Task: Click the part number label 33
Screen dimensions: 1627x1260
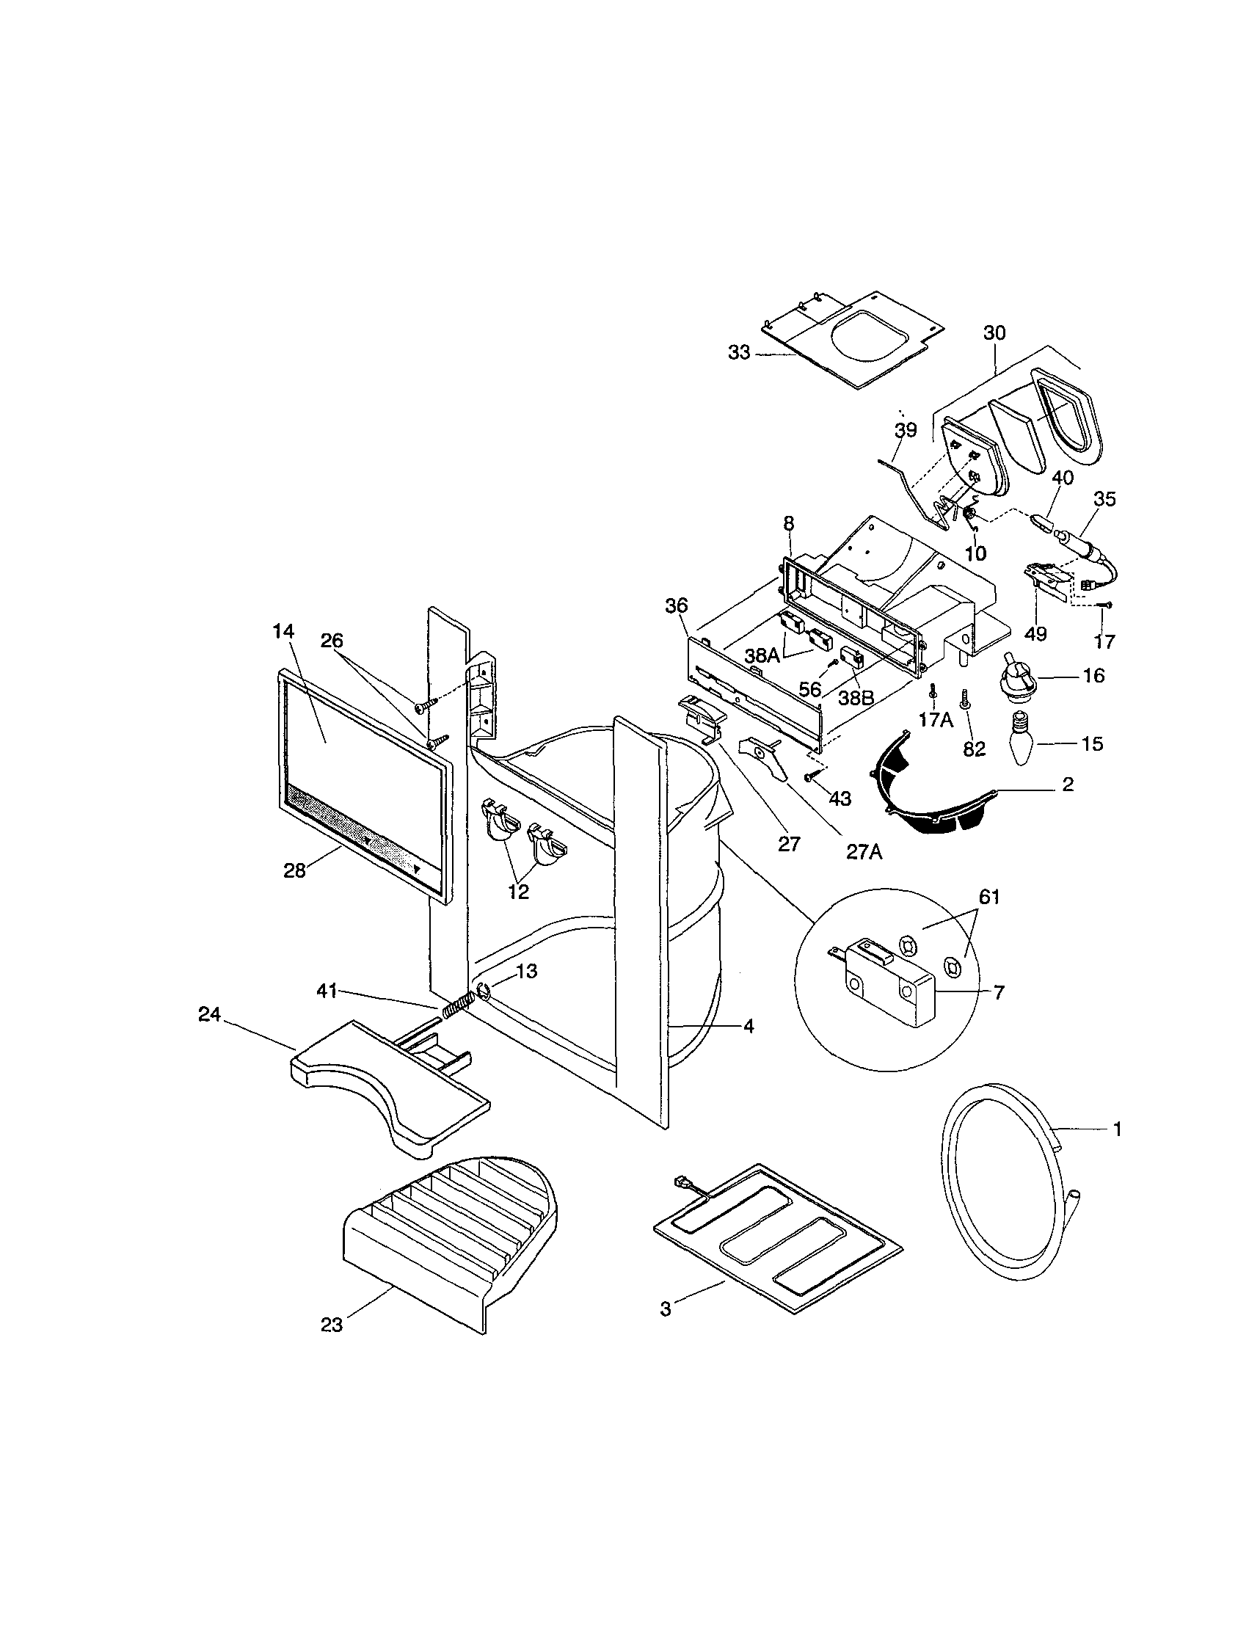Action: pos(739,353)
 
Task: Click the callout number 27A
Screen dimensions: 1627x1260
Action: pos(864,851)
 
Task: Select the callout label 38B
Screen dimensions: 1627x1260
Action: pos(856,699)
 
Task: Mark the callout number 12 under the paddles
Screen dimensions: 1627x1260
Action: pos(519,891)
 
